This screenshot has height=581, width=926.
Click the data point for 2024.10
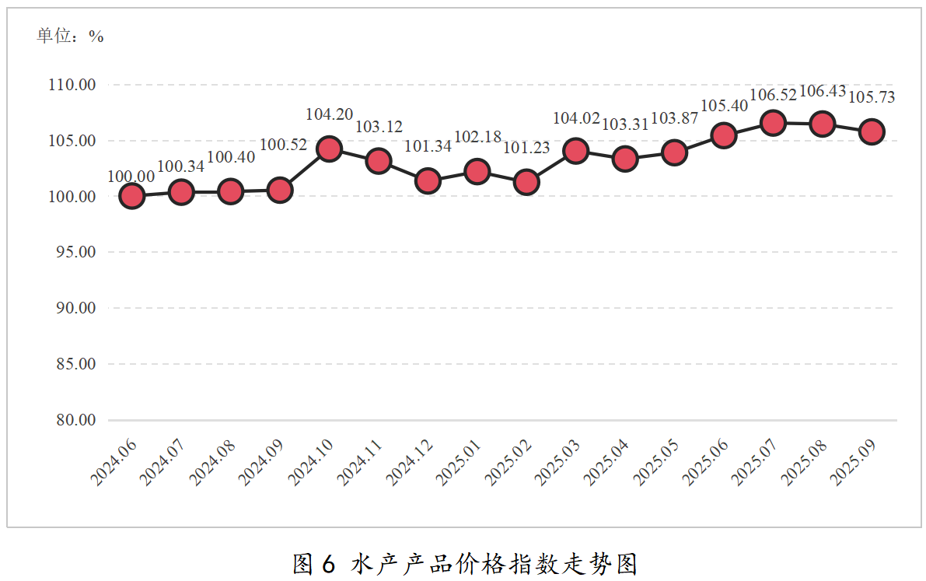(x=330, y=149)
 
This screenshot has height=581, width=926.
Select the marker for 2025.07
(x=773, y=123)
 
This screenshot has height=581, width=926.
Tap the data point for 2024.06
(x=132, y=196)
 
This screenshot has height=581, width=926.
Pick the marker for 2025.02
(x=526, y=182)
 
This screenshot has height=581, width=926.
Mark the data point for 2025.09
(x=872, y=131)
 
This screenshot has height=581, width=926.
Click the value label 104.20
(x=329, y=114)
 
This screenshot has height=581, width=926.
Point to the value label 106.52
(x=773, y=95)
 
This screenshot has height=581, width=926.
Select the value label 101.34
(x=428, y=146)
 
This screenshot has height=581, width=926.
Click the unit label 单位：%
(x=70, y=36)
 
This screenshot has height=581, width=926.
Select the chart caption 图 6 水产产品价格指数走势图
(x=464, y=563)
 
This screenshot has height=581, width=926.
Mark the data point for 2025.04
(x=625, y=159)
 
